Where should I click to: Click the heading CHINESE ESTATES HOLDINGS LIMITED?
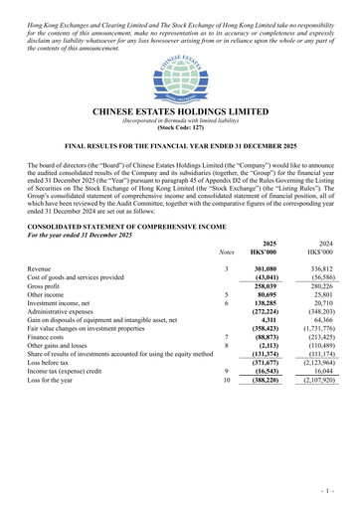(180, 112)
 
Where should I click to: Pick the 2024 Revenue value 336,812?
(319, 269)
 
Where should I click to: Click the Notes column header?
(227, 253)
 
